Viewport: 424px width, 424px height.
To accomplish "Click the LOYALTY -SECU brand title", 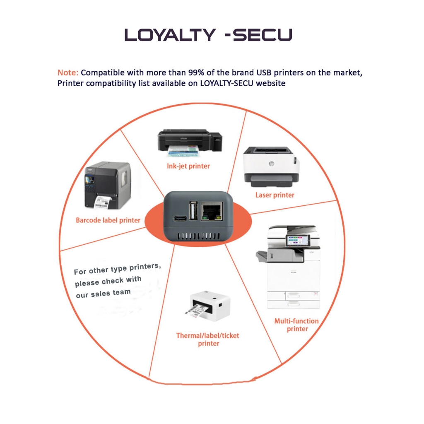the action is coord(208,35).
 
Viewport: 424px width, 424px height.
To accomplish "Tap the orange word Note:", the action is coord(68,73).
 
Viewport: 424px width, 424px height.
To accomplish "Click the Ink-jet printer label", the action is coord(188,166).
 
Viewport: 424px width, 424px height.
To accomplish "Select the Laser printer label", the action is coord(275,195).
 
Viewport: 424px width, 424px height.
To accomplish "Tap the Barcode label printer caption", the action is coord(108,220).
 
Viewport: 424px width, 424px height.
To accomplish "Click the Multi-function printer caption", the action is coord(296,325).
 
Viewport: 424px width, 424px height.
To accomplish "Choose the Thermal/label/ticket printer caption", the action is coord(208,340).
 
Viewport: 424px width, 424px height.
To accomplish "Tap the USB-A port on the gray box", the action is coord(193,210).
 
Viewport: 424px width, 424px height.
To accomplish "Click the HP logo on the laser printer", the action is coord(271,163).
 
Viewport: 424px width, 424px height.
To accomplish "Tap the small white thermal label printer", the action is coord(208,306).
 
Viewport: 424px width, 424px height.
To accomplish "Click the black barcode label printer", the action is coord(108,185).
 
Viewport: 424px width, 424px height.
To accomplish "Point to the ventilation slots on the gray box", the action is coord(198,236).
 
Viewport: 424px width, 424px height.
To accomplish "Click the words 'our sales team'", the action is coord(103,294).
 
